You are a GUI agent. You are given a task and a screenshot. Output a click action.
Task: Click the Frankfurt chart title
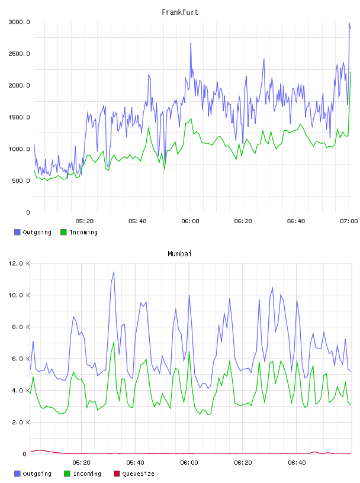(x=180, y=12)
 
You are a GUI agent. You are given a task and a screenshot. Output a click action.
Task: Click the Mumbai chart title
(x=179, y=253)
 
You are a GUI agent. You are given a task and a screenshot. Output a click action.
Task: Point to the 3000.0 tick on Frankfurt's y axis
(x=19, y=22)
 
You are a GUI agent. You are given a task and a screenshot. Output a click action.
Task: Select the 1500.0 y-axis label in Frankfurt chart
(x=19, y=117)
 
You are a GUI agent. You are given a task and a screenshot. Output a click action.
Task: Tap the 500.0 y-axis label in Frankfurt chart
(x=21, y=181)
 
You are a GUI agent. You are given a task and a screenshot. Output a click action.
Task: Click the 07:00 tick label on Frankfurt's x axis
(x=349, y=221)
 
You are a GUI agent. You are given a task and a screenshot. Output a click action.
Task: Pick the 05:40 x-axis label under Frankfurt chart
(x=137, y=221)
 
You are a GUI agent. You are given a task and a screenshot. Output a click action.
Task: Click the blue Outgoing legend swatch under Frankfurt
(x=17, y=232)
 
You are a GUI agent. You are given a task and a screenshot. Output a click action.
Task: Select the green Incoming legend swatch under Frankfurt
(x=63, y=232)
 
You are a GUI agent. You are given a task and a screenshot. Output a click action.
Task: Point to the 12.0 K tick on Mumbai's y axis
(x=19, y=263)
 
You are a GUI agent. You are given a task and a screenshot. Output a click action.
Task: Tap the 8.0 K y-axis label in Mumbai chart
(x=21, y=327)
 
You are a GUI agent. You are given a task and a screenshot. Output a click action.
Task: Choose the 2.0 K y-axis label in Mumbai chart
(x=21, y=422)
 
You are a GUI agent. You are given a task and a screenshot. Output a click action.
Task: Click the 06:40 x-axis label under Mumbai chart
(x=297, y=462)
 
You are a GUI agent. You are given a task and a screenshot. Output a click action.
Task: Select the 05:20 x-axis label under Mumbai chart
(x=81, y=462)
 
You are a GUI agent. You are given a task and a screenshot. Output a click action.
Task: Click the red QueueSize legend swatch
(x=117, y=474)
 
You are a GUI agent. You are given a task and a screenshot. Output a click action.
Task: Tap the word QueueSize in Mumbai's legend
(x=138, y=474)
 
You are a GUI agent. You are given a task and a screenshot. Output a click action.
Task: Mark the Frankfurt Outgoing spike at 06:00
(x=191, y=43)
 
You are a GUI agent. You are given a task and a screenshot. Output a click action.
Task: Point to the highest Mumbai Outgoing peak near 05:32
(x=114, y=272)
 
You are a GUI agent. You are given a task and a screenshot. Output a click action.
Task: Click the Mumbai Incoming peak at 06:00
(x=189, y=352)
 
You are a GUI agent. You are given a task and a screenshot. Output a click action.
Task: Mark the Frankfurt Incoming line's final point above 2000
(x=351, y=72)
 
